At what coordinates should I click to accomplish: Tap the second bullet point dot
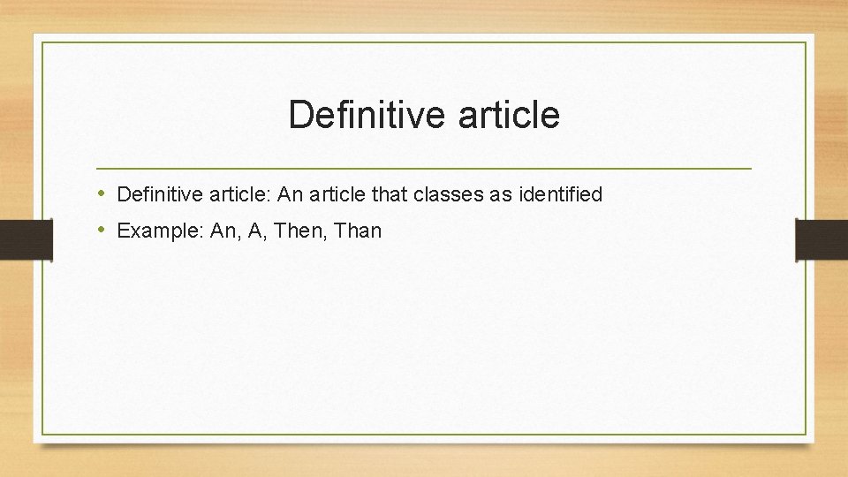(102, 231)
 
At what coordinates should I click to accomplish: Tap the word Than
(358, 231)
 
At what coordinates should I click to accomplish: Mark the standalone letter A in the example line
(254, 231)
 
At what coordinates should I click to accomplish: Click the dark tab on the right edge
(821, 240)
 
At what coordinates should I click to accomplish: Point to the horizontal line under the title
(424, 168)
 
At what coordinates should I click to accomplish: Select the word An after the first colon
(291, 194)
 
